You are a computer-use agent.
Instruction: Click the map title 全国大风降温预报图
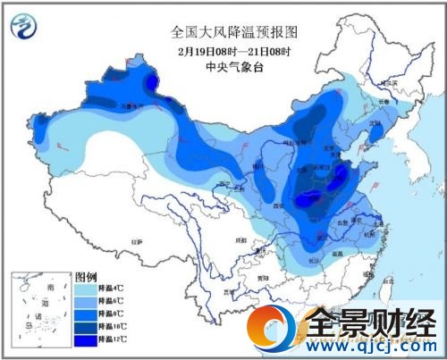coord(234,31)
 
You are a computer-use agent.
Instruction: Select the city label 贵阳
coord(260,277)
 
